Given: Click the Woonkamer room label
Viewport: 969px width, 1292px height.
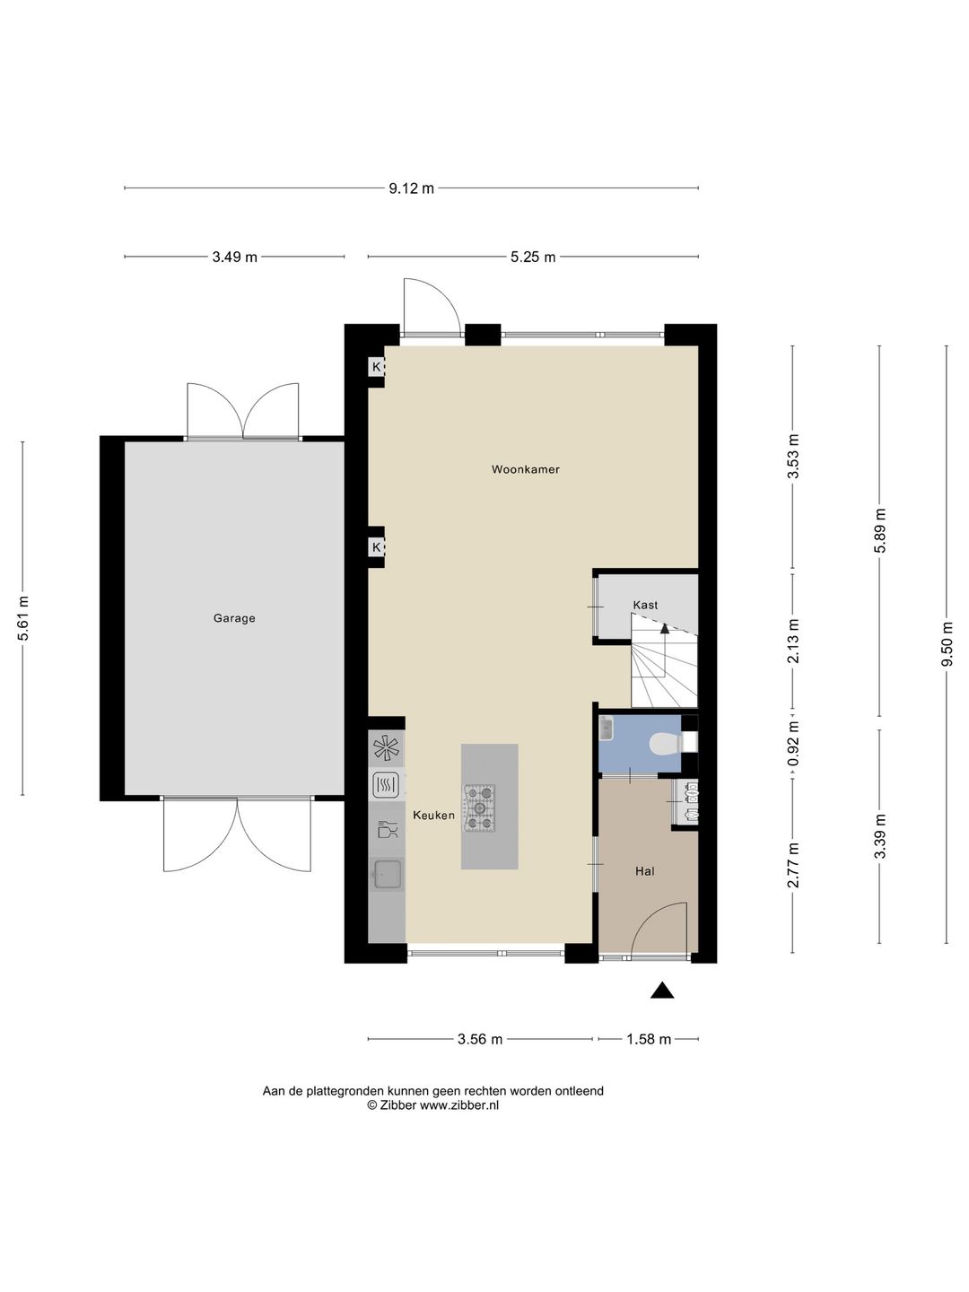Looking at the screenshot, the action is [x=526, y=470].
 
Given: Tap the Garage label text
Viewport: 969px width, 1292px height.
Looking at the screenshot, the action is [x=234, y=618].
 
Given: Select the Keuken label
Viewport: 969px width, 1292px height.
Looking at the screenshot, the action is [x=433, y=816].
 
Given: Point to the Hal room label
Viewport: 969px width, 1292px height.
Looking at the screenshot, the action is [x=645, y=871].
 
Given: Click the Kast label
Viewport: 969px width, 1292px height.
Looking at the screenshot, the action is [x=645, y=605].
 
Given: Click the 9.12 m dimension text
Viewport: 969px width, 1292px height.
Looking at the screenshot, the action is [x=411, y=188].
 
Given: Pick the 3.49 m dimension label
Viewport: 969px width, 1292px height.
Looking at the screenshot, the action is [x=235, y=258].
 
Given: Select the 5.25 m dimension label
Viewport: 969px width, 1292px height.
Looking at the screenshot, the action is [x=533, y=258].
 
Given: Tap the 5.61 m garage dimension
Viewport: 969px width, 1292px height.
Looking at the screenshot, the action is [x=22, y=618].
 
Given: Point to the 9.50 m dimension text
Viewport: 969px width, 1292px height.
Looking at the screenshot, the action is [x=946, y=644].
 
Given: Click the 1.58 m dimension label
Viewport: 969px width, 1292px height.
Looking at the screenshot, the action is [x=649, y=1040].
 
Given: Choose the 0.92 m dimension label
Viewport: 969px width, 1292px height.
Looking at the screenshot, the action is [x=794, y=744].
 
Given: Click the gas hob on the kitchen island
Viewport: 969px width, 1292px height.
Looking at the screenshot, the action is [x=479, y=808].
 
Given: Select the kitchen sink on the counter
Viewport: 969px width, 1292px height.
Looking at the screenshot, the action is [x=387, y=874].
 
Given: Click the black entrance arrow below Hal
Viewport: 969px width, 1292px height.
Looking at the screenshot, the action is [x=662, y=991].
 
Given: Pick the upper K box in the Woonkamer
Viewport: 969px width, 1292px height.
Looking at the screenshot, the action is [x=376, y=367].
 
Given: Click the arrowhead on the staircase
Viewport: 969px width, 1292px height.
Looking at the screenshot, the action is [x=665, y=628].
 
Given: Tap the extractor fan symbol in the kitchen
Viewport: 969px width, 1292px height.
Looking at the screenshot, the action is [x=387, y=748].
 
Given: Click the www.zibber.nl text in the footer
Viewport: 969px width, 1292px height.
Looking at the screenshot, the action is [x=458, y=1104].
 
